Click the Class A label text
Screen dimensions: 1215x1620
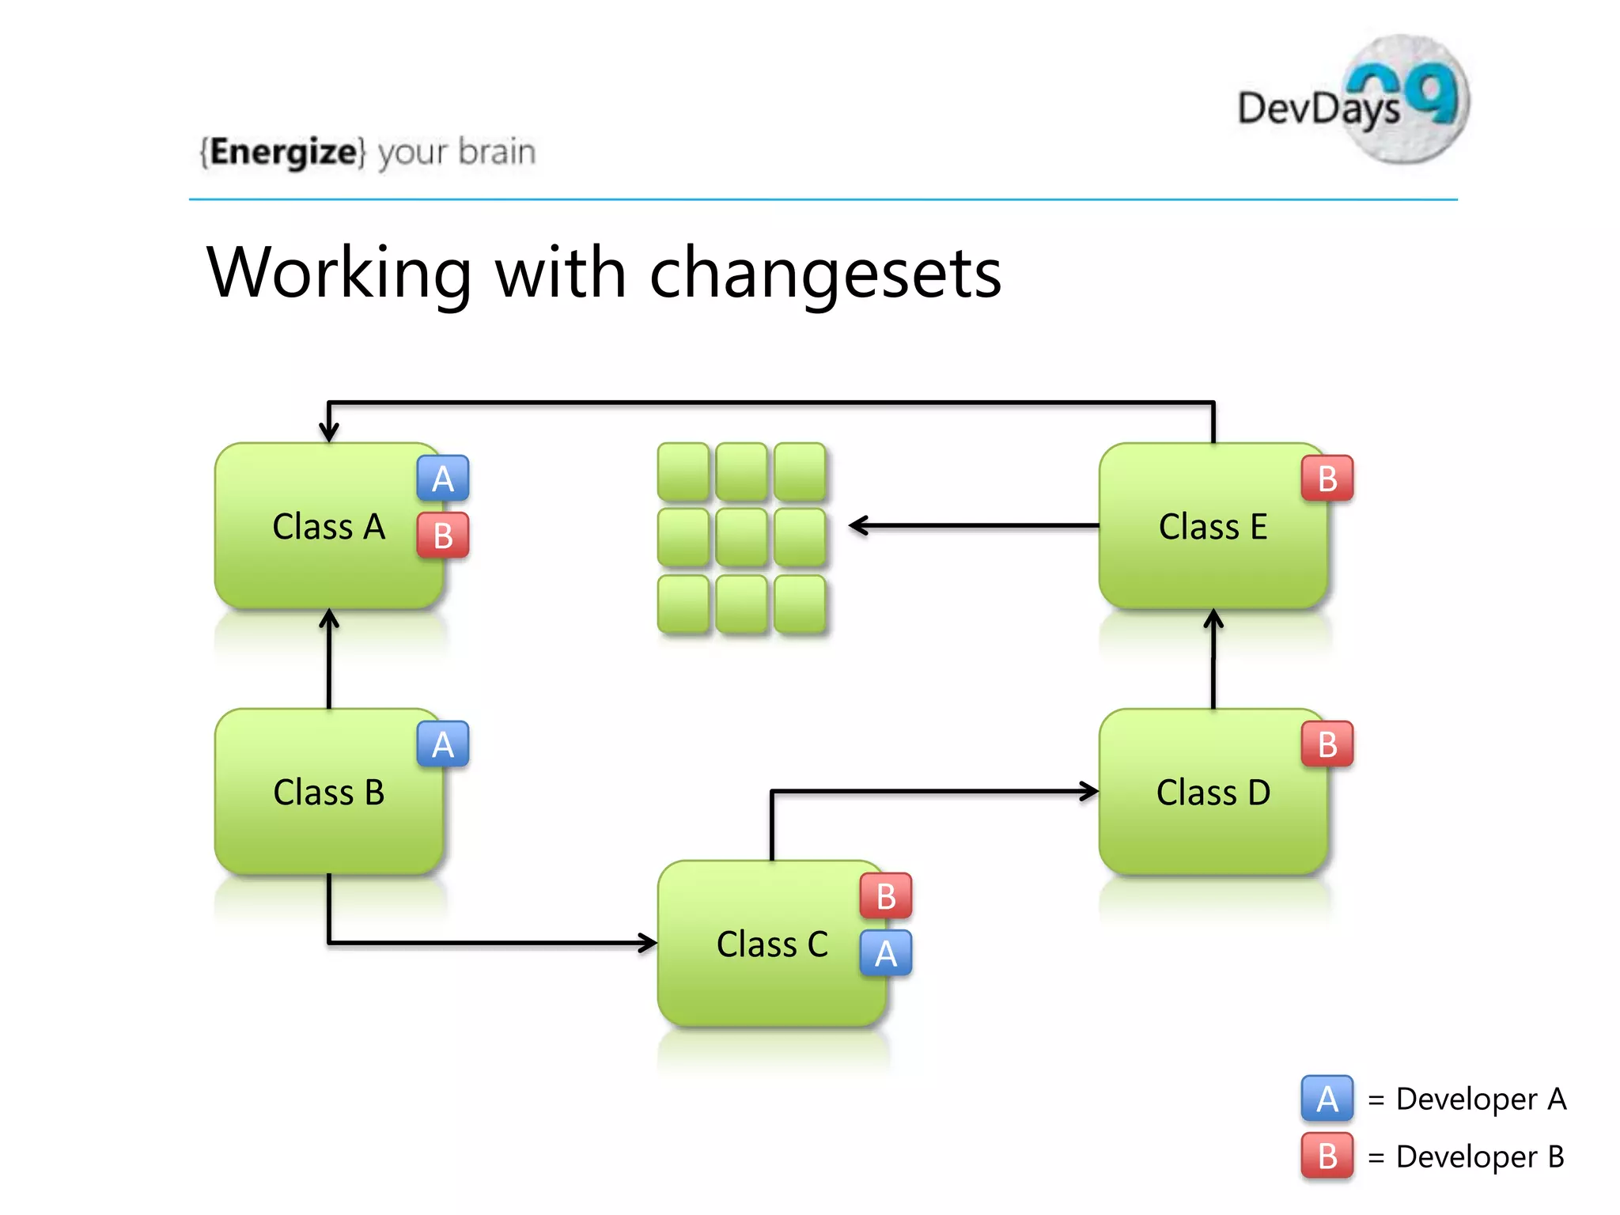click(328, 527)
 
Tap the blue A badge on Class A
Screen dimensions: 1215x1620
click(443, 479)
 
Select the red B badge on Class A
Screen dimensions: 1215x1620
click(443, 536)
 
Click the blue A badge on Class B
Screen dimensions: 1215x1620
click(443, 744)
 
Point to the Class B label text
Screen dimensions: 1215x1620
click(328, 793)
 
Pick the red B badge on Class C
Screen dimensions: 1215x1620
click(886, 896)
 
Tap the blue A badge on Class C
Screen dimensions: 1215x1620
click(886, 953)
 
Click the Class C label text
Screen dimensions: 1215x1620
click(772, 944)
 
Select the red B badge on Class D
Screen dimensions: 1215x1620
click(1327, 744)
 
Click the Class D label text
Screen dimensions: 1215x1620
click(1213, 793)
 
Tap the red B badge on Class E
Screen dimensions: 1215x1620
click(1327, 479)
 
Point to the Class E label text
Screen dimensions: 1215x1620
click(1213, 527)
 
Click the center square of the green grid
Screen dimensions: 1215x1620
click(742, 538)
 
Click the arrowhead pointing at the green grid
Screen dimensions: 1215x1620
click(857, 525)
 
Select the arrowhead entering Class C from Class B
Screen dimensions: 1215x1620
click(648, 942)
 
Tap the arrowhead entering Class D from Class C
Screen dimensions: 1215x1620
click(1089, 791)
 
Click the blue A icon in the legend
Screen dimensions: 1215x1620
click(1327, 1099)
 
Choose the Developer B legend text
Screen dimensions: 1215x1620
click(1479, 1156)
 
